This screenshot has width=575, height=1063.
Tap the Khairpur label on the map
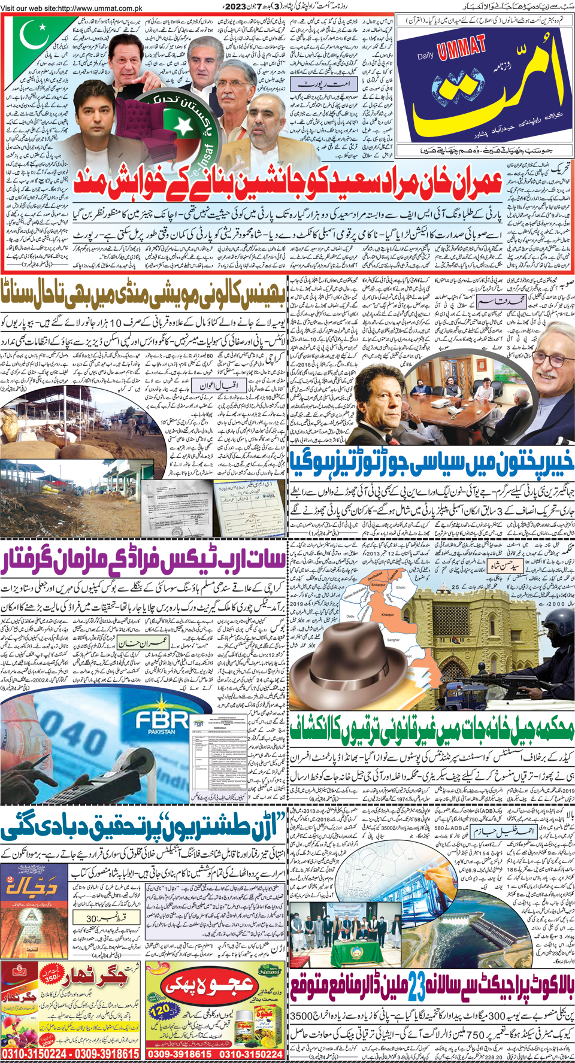pos(389,614)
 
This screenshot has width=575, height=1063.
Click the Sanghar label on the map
pos(393,640)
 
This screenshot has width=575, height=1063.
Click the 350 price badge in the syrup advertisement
pos(53,977)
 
